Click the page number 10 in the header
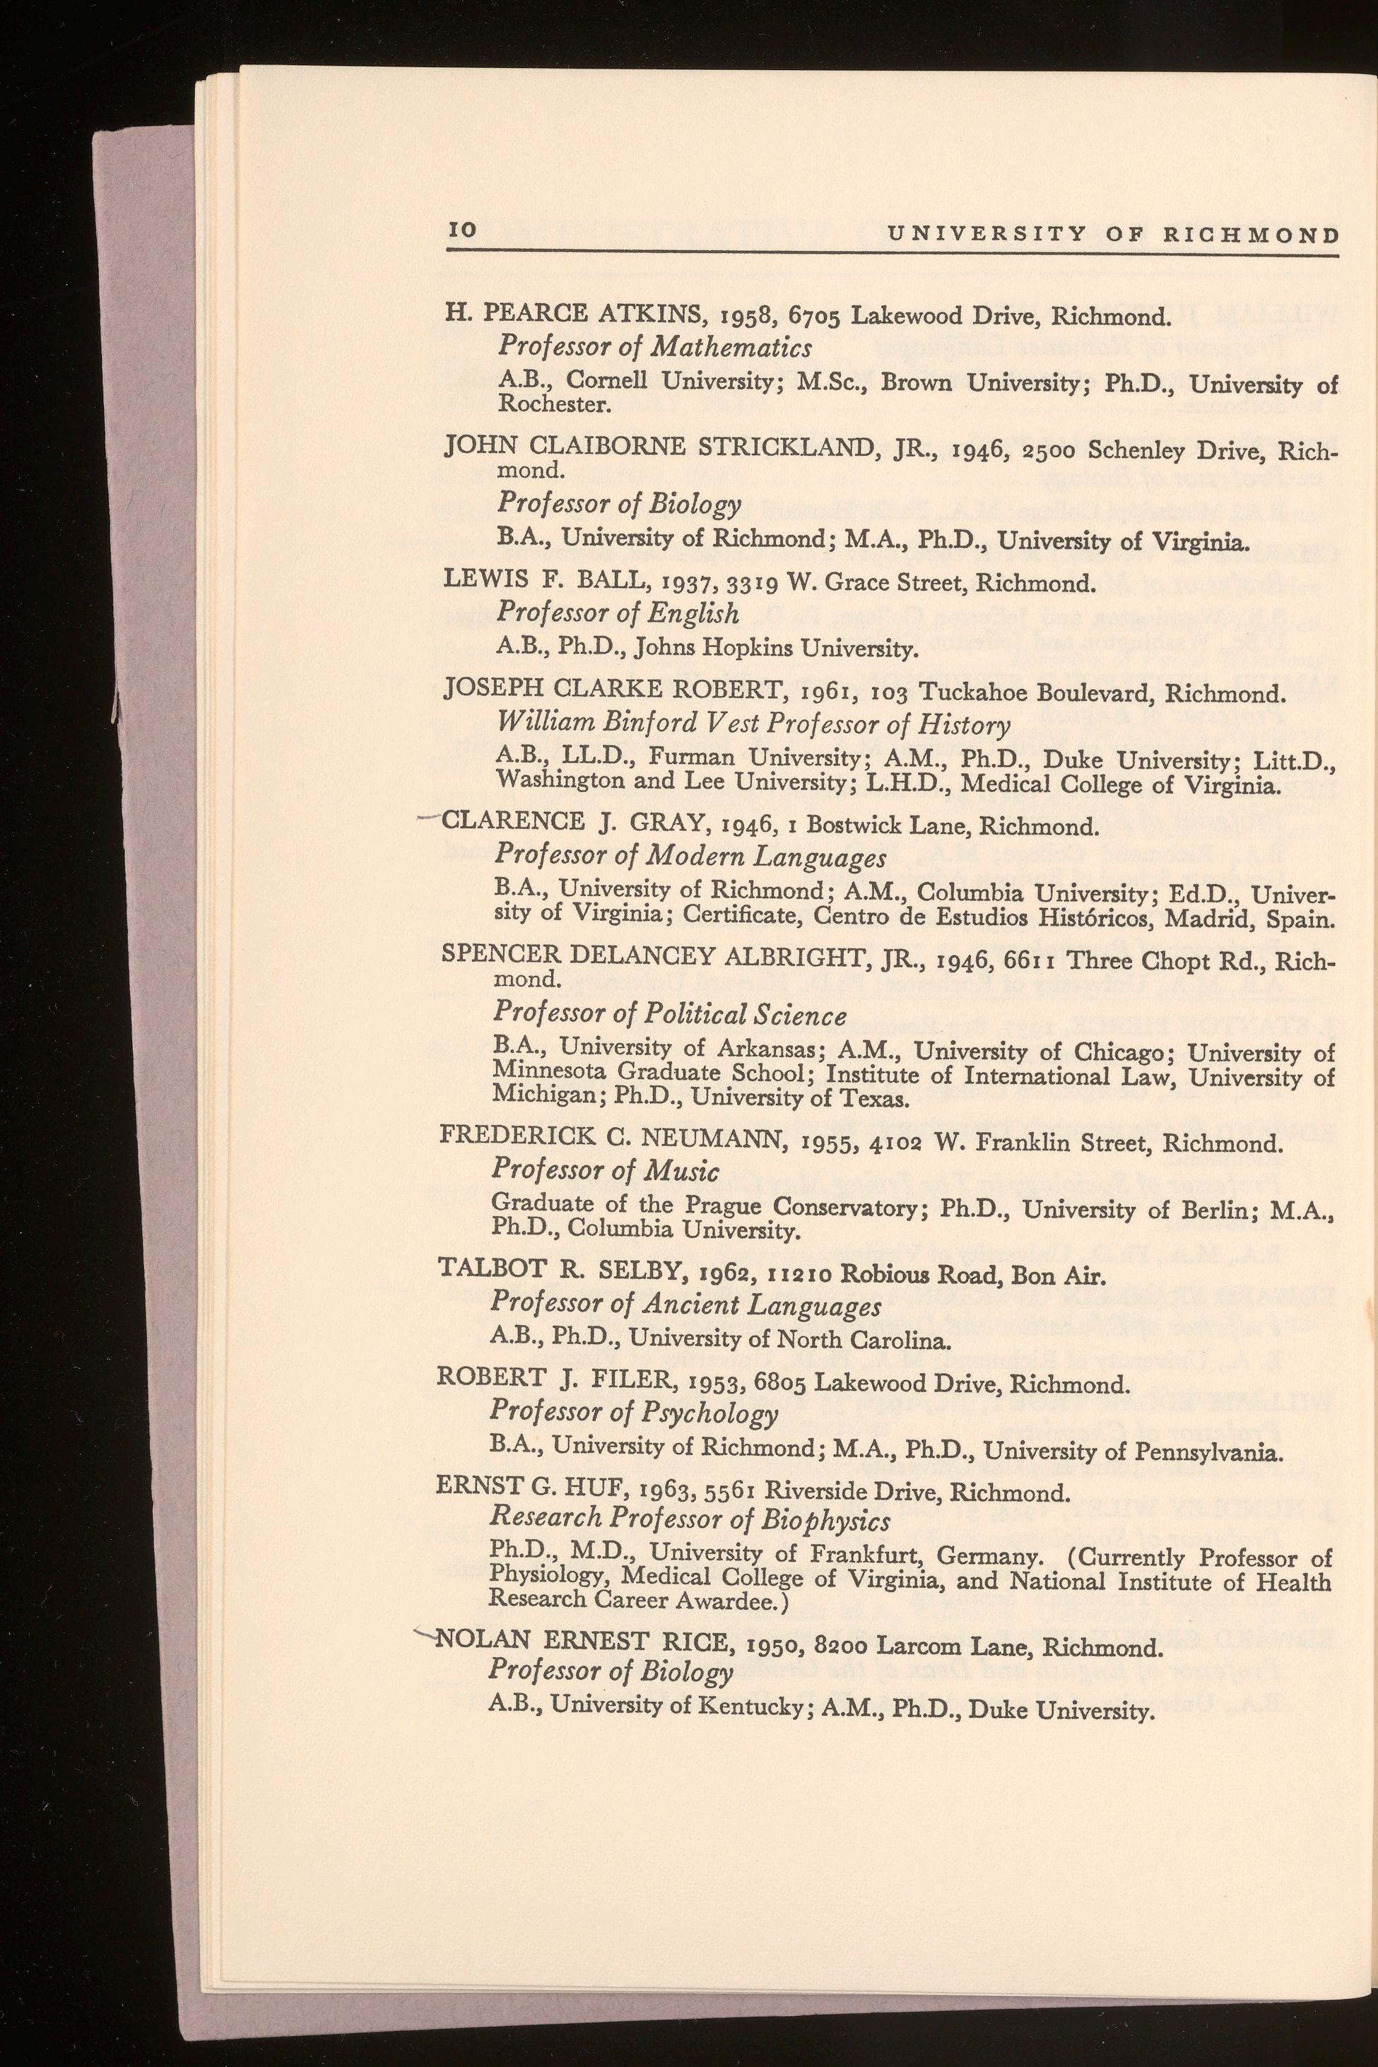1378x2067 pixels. (462, 231)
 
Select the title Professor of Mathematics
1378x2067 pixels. (654, 347)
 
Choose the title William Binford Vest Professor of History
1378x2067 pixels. (753, 724)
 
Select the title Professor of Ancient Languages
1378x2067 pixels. (685, 1306)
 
